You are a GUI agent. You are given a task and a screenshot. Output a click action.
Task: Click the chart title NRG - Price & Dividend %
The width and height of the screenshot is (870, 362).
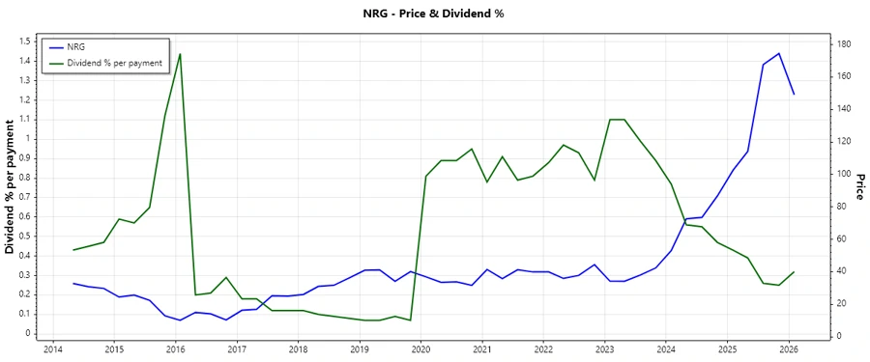click(434, 14)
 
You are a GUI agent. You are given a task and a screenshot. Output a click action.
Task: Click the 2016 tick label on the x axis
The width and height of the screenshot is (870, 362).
click(175, 349)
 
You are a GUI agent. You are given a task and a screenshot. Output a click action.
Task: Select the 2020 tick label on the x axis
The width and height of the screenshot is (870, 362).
click(420, 349)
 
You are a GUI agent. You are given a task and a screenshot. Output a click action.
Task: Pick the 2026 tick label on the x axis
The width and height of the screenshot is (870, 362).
click(789, 349)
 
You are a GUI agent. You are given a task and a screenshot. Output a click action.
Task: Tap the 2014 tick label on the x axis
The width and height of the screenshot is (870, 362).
click(52, 349)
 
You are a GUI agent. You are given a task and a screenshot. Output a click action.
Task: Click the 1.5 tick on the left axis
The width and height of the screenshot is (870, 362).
click(26, 42)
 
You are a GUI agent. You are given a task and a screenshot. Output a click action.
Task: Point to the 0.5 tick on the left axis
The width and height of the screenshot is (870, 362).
click(26, 236)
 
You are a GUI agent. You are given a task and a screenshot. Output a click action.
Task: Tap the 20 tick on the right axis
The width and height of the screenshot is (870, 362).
click(843, 303)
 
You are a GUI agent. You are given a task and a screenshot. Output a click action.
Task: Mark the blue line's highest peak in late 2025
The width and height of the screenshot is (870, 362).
click(779, 53)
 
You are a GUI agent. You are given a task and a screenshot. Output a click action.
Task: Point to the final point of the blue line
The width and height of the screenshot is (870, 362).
click(794, 94)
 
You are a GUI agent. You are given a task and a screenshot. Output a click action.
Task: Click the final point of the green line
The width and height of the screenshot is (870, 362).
click(794, 272)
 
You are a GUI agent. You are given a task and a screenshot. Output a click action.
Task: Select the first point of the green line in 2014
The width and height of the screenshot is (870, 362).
click(73, 250)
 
